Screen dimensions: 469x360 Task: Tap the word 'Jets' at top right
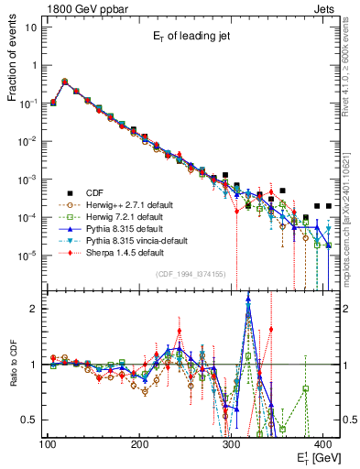[x=325, y=7]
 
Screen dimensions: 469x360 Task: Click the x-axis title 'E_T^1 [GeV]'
[x=314, y=457]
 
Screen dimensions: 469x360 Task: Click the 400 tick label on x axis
[x=325, y=443]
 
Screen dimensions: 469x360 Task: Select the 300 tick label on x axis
[x=232, y=443]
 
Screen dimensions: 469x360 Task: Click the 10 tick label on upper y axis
[x=31, y=27]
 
